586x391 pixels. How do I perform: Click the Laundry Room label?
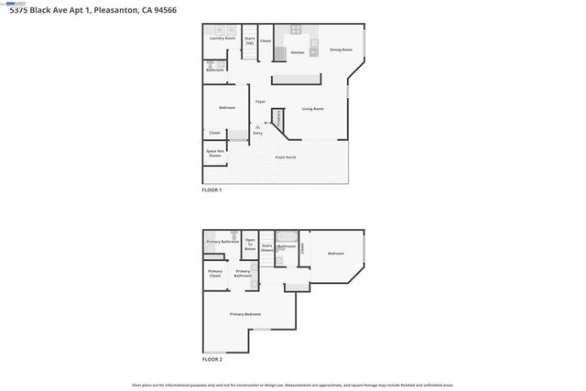(x=222, y=38)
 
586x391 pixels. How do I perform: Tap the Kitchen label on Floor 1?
(x=297, y=52)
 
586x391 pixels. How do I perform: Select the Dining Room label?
(x=342, y=49)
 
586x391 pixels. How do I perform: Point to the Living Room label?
(x=313, y=109)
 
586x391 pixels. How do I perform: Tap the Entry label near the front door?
(x=257, y=133)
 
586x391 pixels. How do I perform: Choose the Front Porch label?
(x=286, y=157)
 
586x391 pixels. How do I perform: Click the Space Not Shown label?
(x=214, y=154)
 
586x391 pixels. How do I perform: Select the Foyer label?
(x=260, y=101)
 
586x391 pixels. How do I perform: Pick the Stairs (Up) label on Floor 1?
(x=249, y=40)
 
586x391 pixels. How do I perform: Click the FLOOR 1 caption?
(x=212, y=190)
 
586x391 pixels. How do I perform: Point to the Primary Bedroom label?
(x=247, y=314)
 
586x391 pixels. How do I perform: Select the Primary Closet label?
(x=214, y=273)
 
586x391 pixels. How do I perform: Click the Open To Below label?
(x=250, y=244)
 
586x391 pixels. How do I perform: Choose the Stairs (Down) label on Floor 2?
(x=267, y=247)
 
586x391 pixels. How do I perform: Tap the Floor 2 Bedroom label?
(x=336, y=253)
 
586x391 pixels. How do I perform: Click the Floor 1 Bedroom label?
(x=227, y=108)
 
